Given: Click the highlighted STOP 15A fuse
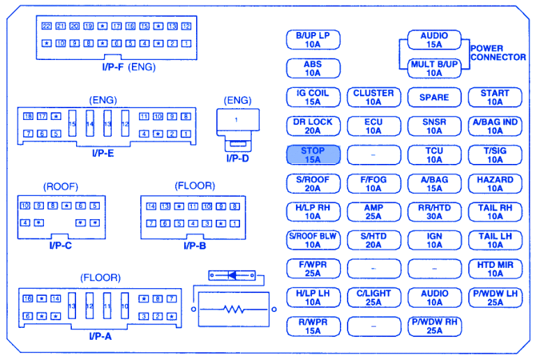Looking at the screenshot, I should point(313,155).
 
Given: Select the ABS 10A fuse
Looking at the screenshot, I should point(313,68).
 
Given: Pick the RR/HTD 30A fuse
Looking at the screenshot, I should point(434,212).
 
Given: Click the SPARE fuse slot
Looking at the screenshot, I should point(434,98).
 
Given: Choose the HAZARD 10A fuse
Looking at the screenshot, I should point(495,183).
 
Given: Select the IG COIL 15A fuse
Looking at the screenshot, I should point(313,97).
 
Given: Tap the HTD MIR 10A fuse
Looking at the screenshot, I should point(495,269).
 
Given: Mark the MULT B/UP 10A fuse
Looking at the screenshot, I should point(434,68).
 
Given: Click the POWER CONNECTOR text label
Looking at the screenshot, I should point(498,53).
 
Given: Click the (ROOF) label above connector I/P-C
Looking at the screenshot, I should point(61,186).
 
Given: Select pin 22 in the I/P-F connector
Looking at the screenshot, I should point(47,27).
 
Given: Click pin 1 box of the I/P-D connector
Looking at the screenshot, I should point(237,120).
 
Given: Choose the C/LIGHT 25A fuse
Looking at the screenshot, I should point(373,298).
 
